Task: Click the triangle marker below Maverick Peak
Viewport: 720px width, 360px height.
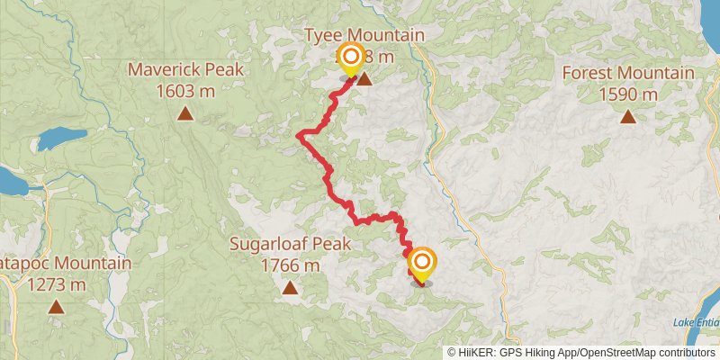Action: click(x=185, y=112)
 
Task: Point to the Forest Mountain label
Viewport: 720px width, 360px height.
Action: click(x=628, y=74)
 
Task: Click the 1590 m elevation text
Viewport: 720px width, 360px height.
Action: click(x=628, y=94)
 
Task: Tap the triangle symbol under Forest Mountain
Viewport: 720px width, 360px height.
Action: click(x=628, y=116)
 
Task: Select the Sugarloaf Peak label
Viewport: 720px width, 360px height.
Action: click(x=289, y=244)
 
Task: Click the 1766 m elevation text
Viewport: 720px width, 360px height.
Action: click(x=289, y=265)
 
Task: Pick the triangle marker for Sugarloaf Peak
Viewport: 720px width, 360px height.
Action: click(x=290, y=288)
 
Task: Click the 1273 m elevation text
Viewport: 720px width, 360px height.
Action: click(x=57, y=284)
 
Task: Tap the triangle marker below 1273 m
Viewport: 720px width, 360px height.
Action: click(x=57, y=306)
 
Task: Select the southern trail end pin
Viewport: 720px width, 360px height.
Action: click(x=420, y=263)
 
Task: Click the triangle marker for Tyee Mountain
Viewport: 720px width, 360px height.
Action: click(x=365, y=79)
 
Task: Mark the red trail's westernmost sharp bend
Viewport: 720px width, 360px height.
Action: click(x=299, y=136)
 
